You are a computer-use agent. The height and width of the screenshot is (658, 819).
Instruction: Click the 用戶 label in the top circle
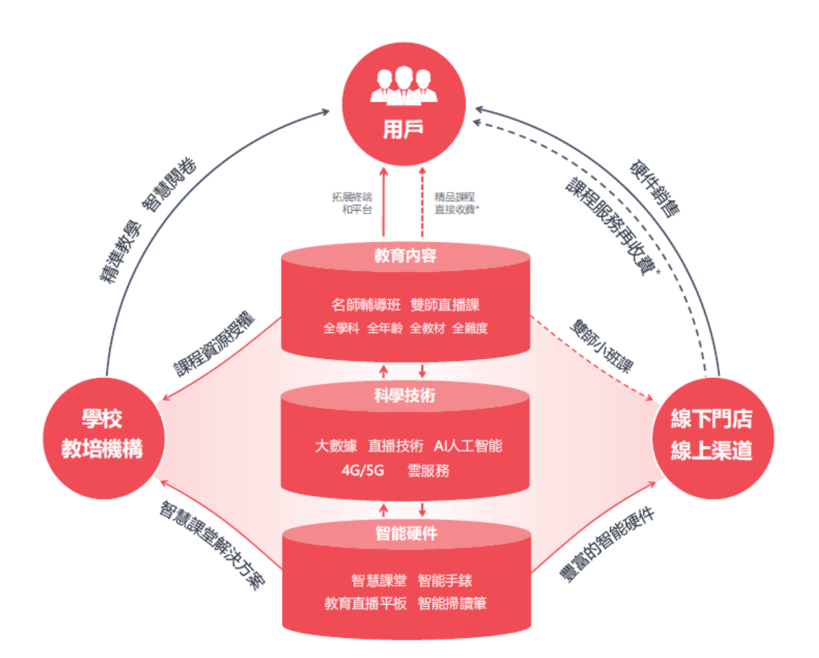(404, 129)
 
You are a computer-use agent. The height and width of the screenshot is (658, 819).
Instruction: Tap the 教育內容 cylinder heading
(406, 255)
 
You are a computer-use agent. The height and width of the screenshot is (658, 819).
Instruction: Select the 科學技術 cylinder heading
(405, 395)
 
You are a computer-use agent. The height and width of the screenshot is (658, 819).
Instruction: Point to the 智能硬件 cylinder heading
(406, 534)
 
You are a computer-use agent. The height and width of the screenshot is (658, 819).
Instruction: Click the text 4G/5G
(363, 471)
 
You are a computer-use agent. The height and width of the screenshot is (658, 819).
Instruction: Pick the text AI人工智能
(468, 446)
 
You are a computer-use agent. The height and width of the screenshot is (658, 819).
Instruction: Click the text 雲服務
(428, 471)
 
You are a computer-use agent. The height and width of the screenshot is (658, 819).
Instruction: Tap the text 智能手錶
(445, 580)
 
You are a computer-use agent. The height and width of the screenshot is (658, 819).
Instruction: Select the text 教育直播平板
(365, 603)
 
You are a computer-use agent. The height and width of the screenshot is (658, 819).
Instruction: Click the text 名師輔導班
(366, 305)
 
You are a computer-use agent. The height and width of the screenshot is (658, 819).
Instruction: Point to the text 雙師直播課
(445, 305)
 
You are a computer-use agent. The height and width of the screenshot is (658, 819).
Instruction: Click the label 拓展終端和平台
(352, 203)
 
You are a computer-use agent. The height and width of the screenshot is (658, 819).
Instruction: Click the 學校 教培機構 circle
(104, 438)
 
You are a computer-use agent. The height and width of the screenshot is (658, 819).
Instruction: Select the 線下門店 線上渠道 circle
(713, 438)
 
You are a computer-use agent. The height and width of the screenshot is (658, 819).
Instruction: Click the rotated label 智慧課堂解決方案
(212, 545)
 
